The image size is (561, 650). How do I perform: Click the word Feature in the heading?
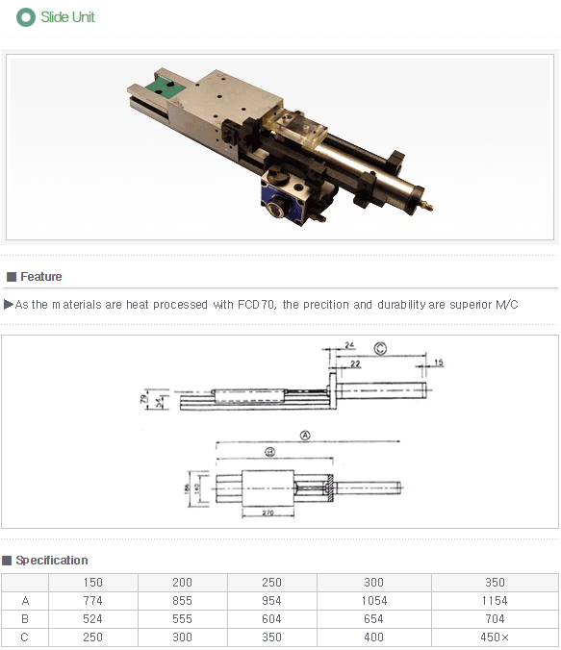pyautogui.click(x=40, y=277)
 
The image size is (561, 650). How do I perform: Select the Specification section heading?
pyautogui.click(x=51, y=561)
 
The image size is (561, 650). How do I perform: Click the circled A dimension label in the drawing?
pyautogui.click(x=305, y=435)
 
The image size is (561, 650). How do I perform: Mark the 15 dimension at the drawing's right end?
pyautogui.click(x=438, y=362)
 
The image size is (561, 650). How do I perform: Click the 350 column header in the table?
pyautogui.click(x=495, y=583)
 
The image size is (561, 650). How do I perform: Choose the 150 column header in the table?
pyautogui.click(x=93, y=583)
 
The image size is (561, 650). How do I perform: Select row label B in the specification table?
pyautogui.click(x=25, y=619)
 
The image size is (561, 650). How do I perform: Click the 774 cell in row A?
pyautogui.click(x=93, y=601)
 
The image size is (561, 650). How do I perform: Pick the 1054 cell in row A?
pyautogui.click(x=374, y=601)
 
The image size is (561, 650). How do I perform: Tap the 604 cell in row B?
pyautogui.click(x=272, y=619)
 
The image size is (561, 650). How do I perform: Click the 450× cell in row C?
pyautogui.click(x=495, y=637)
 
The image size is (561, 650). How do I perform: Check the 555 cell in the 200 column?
pyautogui.click(x=183, y=619)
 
